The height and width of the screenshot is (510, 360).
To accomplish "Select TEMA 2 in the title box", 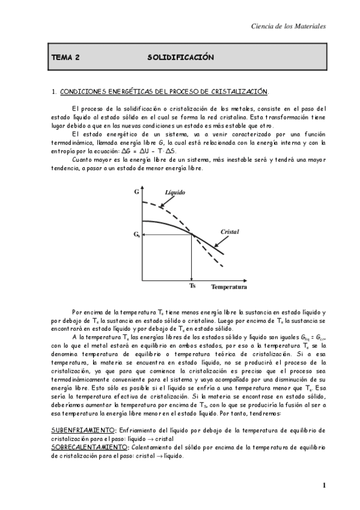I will [66, 57].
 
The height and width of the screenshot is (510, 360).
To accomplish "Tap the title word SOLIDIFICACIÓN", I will [180, 57].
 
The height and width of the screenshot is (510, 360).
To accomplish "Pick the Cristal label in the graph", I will [231, 232].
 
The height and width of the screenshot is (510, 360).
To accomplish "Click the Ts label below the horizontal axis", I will [192, 286].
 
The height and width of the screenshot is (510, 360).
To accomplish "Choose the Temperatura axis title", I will [228, 287].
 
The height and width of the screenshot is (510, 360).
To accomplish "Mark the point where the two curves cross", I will [192, 235].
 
